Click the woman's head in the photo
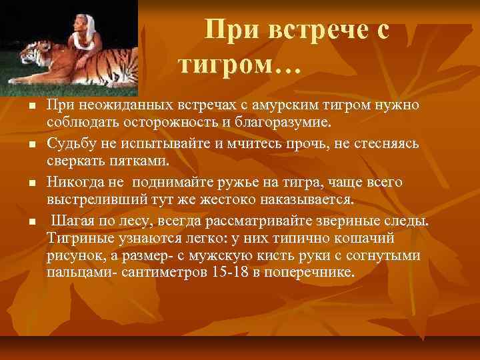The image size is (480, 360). [86, 25]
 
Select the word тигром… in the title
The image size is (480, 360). [239, 65]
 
